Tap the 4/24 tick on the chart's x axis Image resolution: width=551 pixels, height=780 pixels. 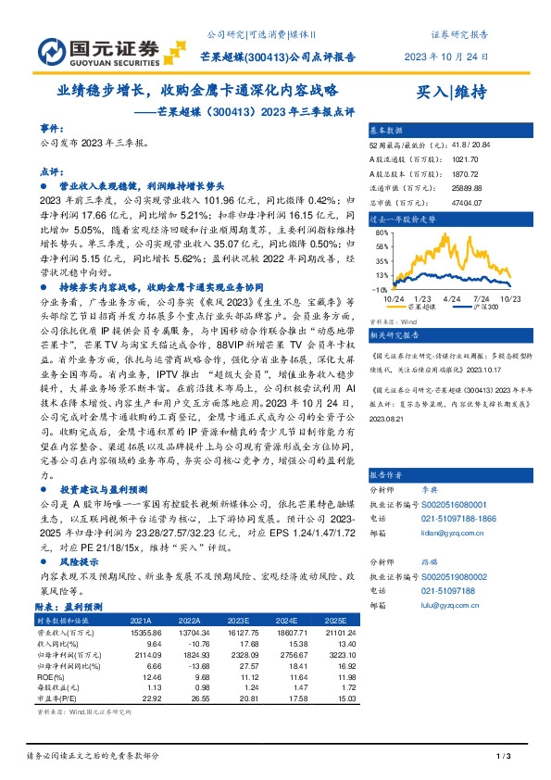pyautogui.click(x=451, y=298)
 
